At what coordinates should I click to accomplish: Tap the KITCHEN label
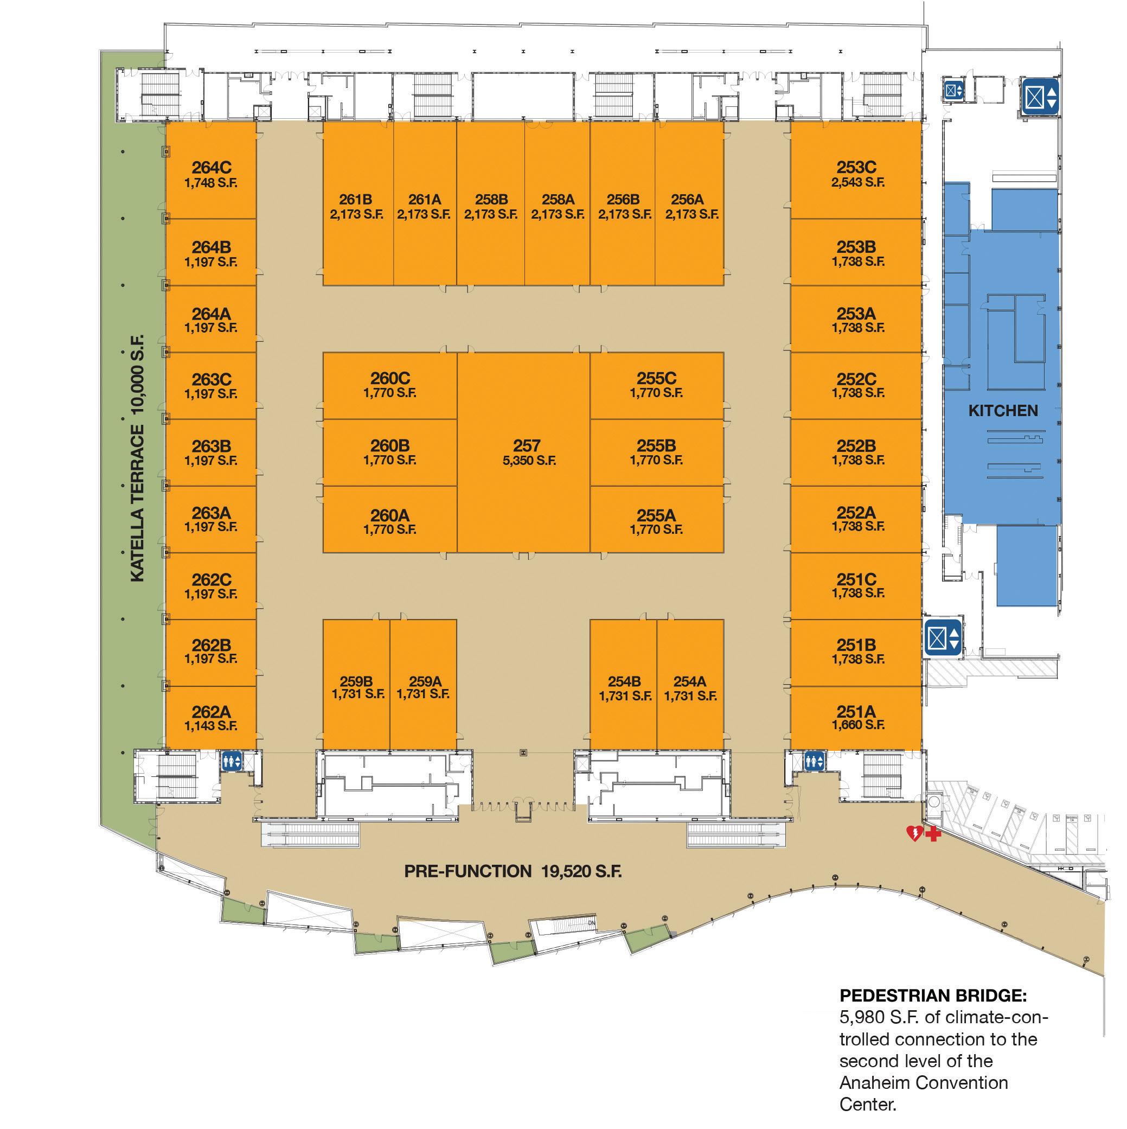click(x=1003, y=411)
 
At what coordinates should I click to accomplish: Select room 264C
click(x=211, y=175)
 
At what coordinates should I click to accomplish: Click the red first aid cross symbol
click(x=933, y=834)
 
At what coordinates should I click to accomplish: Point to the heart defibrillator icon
click(x=913, y=833)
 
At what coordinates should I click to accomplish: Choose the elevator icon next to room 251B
click(x=943, y=637)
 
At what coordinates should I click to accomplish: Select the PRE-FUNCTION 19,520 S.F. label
click(x=513, y=871)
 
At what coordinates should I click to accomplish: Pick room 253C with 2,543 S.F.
click(x=856, y=175)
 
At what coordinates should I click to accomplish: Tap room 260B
click(x=390, y=452)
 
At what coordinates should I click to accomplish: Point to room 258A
click(x=558, y=206)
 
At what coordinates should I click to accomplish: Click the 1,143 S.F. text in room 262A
click(x=211, y=726)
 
